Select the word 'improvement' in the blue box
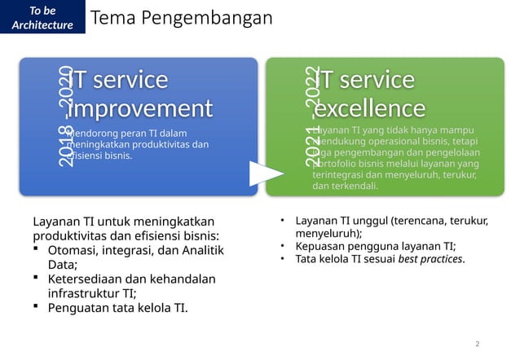click(x=141, y=108)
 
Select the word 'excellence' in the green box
click(x=370, y=108)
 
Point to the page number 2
click(x=478, y=344)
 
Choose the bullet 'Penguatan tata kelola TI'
click(x=118, y=308)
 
